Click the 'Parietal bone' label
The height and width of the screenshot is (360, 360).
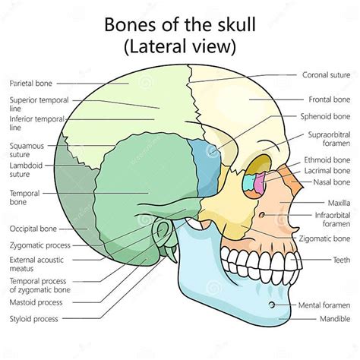pyautogui.click(x=30, y=82)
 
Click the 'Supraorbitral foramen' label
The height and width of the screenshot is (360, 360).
pyautogui.click(x=328, y=140)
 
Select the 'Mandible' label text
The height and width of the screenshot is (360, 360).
pyautogui.click(x=333, y=318)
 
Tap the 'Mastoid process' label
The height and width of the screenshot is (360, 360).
pyautogui.click(x=36, y=302)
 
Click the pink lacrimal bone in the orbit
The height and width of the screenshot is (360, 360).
pyautogui.click(x=258, y=183)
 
